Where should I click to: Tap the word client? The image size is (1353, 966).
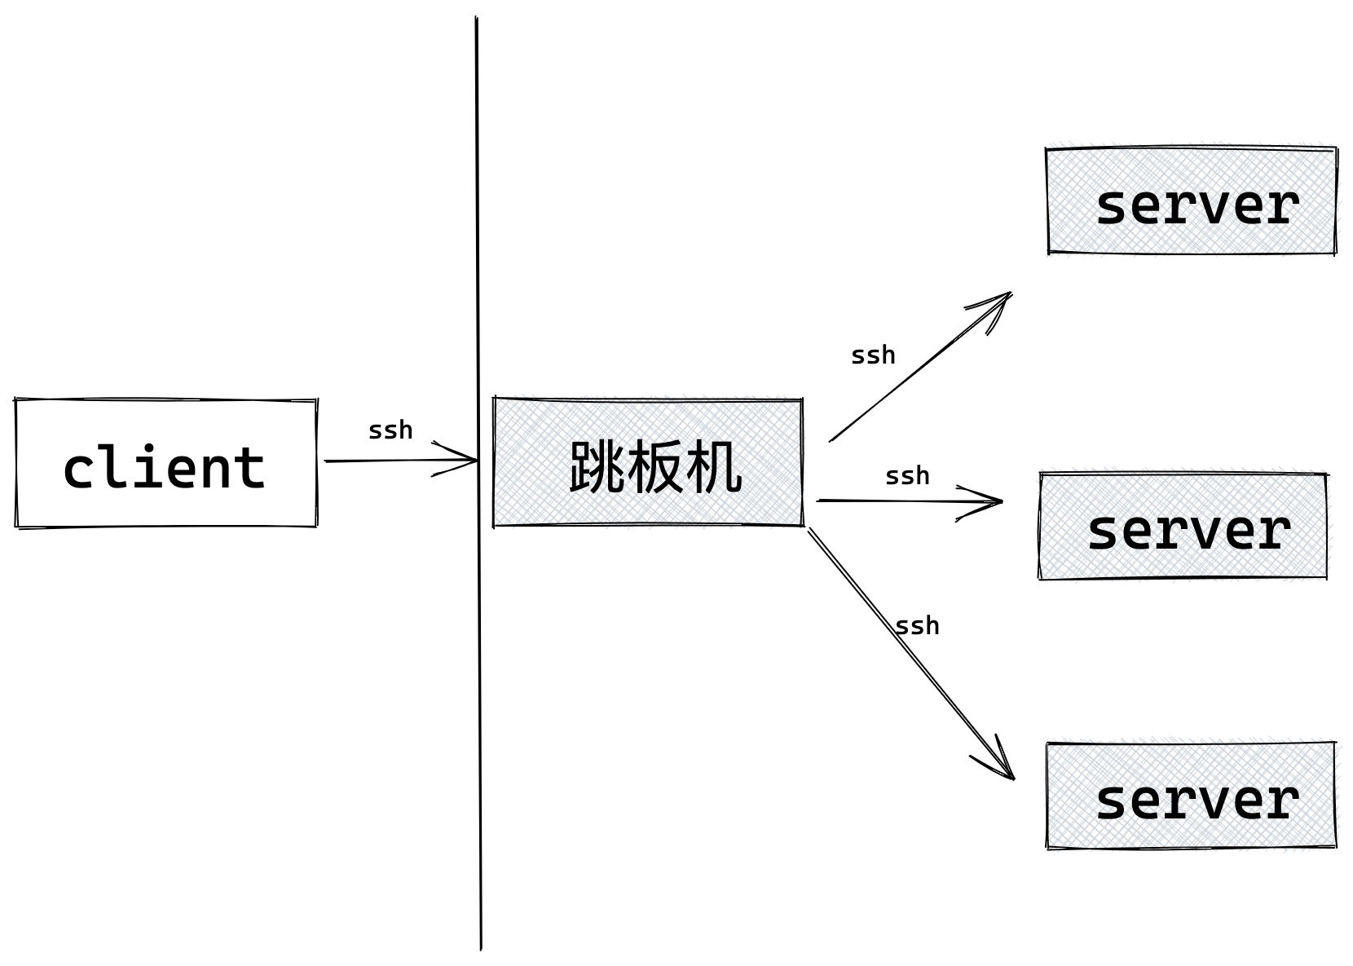click(164, 468)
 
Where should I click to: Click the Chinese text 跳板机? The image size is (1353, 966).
click(655, 467)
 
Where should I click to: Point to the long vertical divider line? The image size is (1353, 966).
click(478, 693)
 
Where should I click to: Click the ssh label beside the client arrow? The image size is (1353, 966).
click(390, 430)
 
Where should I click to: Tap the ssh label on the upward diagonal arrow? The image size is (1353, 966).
click(873, 355)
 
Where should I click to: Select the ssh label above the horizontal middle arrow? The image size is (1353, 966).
click(907, 476)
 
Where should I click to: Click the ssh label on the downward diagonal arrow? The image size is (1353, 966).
click(917, 626)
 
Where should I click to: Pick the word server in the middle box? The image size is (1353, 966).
click(1188, 530)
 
